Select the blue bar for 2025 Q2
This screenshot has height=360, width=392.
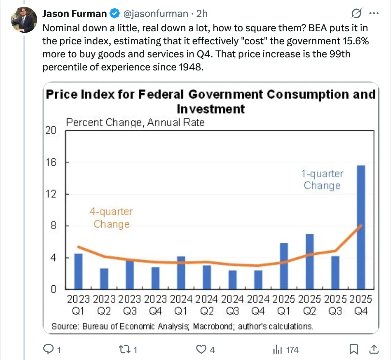[x=310, y=261]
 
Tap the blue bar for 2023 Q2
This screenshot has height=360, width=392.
[x=104, y=278]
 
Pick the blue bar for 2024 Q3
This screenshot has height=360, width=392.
[x=233, y=279]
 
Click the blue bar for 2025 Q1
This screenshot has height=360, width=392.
[x=284, y=266]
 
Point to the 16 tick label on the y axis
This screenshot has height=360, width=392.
[x=51, y=162]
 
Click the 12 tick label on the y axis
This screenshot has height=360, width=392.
[x=51, y=194]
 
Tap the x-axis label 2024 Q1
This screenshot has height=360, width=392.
[x=181, y=305]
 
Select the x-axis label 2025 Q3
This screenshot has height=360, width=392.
[x=335, y=305]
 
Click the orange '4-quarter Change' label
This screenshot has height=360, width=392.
[x=111, y=218]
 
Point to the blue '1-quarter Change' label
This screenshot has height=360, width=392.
[x=322, y=180]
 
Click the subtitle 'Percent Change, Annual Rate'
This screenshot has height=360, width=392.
[x=135, y=123]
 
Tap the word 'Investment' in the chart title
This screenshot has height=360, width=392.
[x=211, y=109]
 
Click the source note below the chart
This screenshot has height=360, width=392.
[x=182, y=326]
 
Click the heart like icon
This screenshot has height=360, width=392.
[x=201, y=350]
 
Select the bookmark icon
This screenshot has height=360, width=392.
[x=354, y=350]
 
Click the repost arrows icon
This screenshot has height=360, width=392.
[x=124, y=350]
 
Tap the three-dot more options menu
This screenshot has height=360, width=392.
[x=374, y=14]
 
